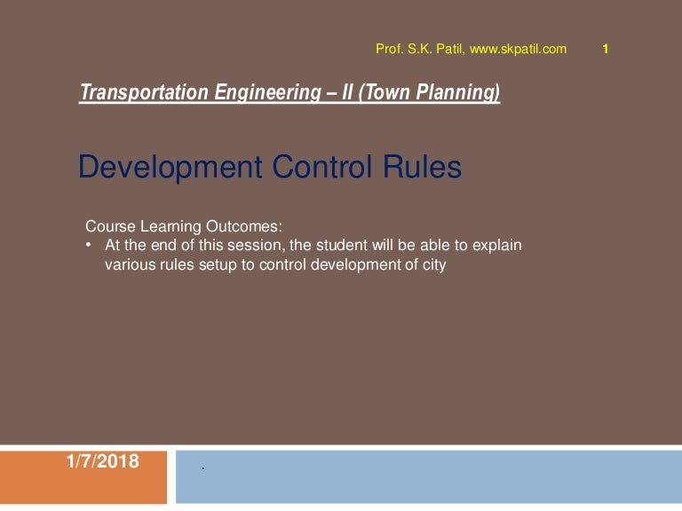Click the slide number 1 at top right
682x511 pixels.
pyautogui.click(x=605, y=50)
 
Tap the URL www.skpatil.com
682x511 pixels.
pyautogui.click(x=518, y=50)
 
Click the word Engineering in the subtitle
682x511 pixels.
pyautogui.click(x=261, y=92)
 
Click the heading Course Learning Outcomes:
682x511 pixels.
pyautogui.click(x=183, y=226)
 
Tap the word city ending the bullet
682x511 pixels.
pyautogui.click(x=430, y=264)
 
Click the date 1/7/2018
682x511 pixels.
pyautogui.click(x=102, y=460)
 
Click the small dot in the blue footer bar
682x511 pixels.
pyautogui.click(x=203, y=468)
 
